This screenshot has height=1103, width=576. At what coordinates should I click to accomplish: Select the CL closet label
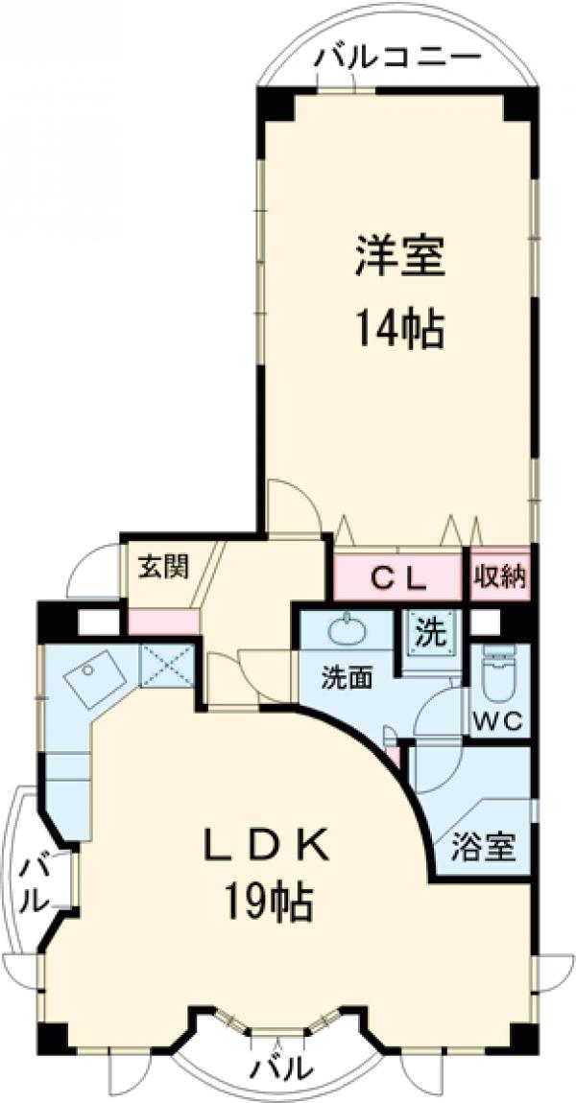point(397,577)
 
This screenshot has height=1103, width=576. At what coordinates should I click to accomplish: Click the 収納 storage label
point(499,577)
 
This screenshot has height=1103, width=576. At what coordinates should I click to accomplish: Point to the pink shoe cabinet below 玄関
point(163,621)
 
